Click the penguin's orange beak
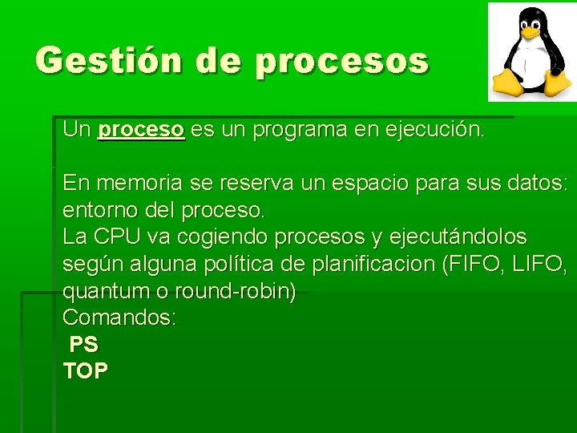531,34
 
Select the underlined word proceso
141,130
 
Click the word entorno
97,210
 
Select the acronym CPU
117,237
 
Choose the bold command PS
83,345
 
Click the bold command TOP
85,371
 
